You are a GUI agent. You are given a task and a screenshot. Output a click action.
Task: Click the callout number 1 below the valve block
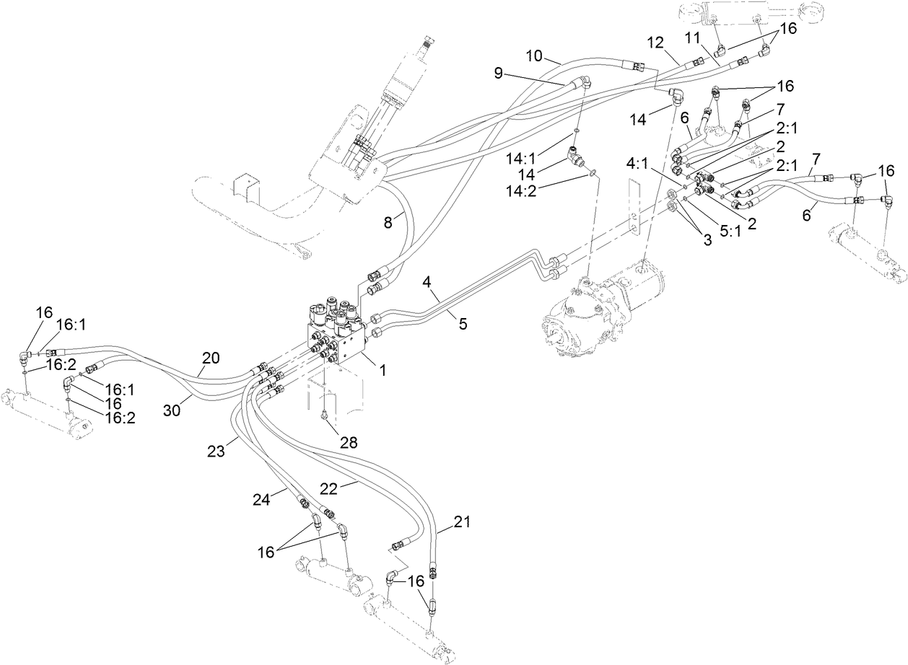(383, 371)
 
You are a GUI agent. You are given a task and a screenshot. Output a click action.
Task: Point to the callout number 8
(388, 224)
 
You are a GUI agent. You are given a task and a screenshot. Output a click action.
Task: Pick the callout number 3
(707, 240)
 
